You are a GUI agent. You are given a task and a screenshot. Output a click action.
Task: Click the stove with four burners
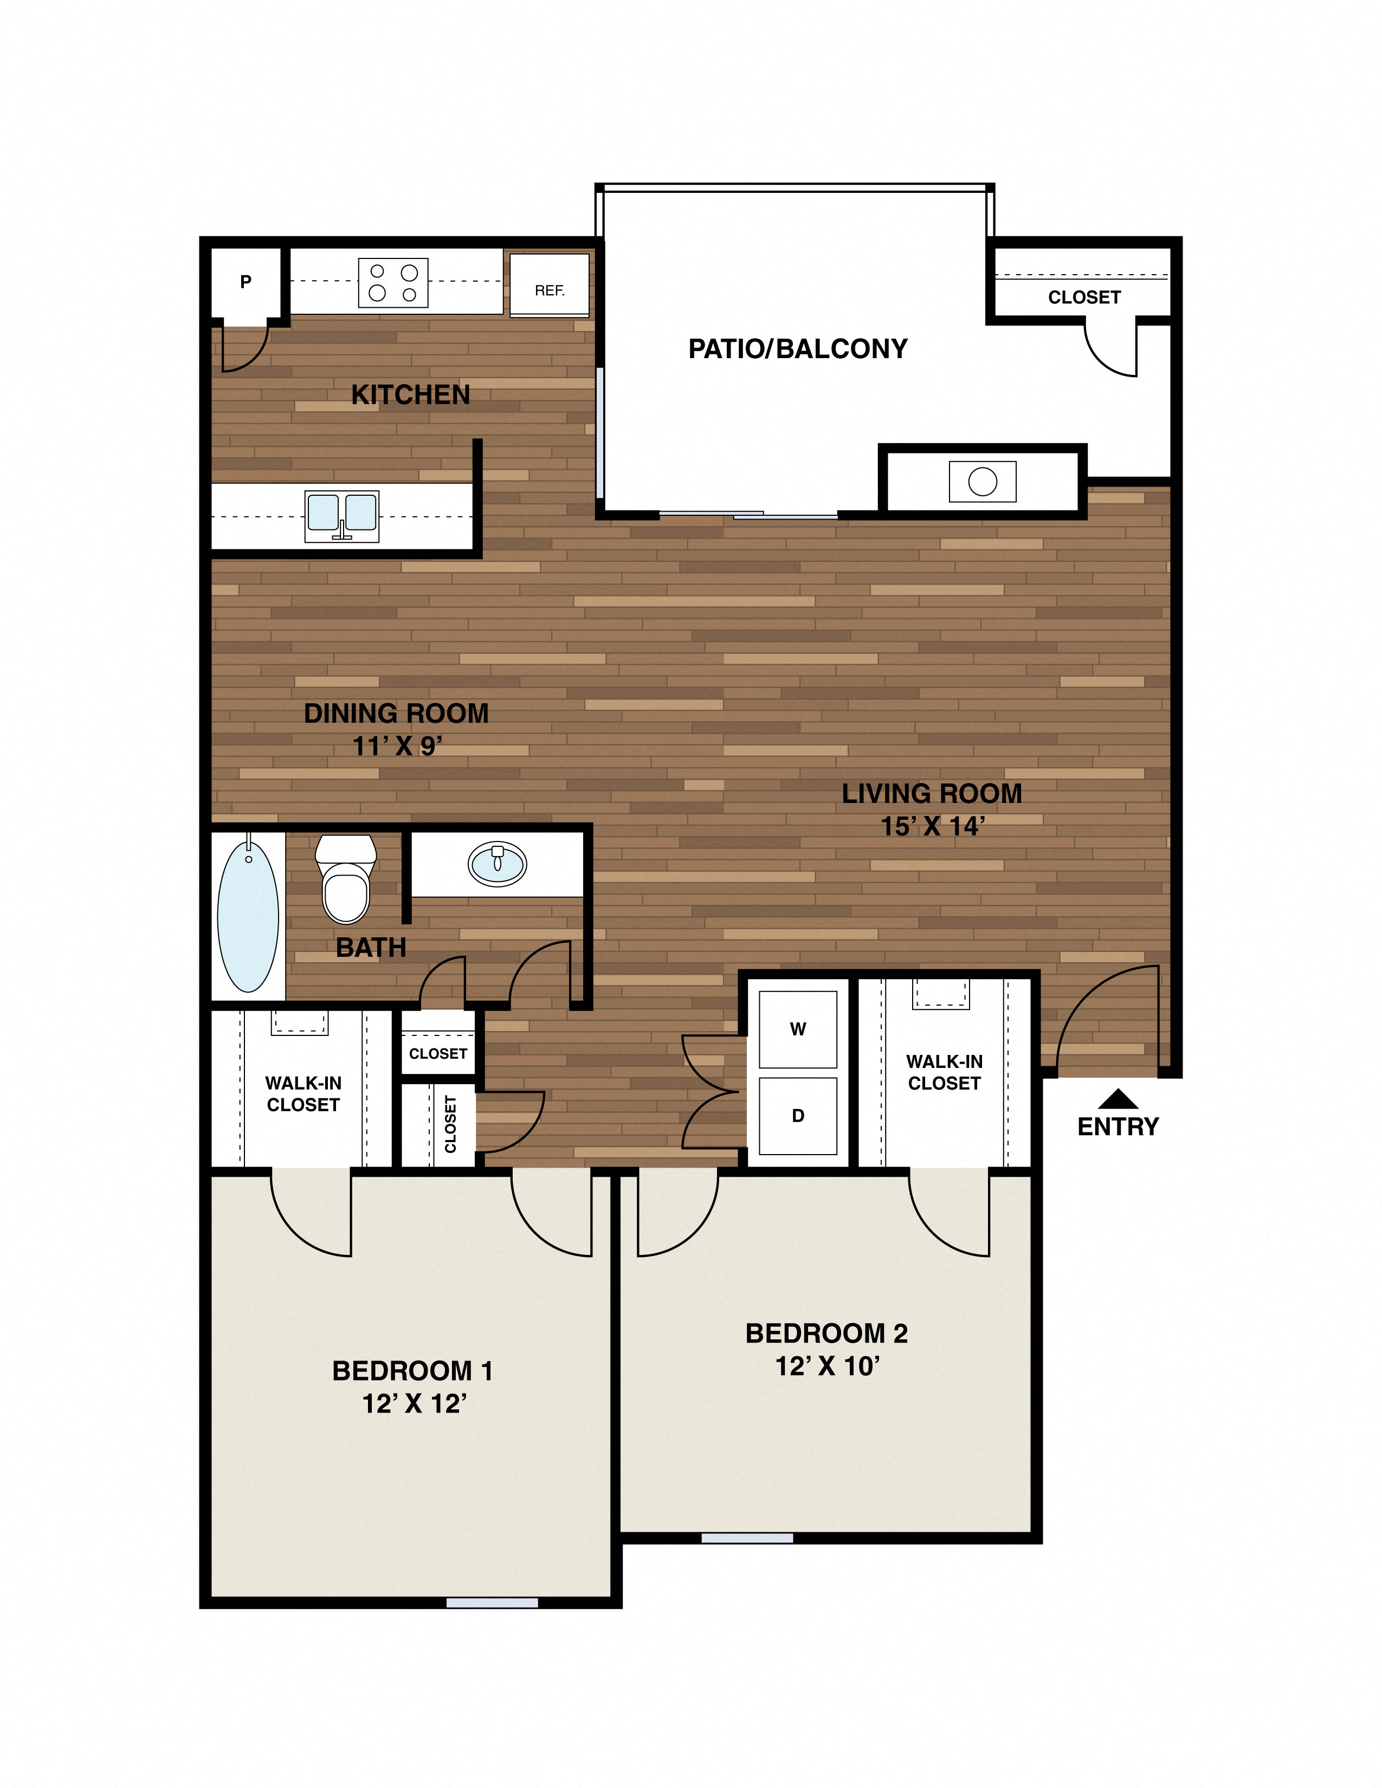point(393,282)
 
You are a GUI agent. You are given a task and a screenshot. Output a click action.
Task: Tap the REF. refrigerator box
point(550,285)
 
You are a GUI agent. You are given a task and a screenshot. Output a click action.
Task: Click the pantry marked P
point(246,282)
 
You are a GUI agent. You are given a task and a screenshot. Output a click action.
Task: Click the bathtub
point(248,915)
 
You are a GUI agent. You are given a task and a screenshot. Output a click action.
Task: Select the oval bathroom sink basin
point(497,863)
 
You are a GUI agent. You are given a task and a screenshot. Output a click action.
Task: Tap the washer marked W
point(797,1029)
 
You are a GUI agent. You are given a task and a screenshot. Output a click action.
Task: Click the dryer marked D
point(797,1115)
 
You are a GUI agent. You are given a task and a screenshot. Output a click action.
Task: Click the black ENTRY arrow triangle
point(1119,1099)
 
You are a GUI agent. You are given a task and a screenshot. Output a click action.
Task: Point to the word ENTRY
point(1119,1126)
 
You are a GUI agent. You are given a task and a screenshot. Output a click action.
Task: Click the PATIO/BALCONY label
point(797,349)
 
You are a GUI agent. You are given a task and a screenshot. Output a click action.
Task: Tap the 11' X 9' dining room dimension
point(397,746)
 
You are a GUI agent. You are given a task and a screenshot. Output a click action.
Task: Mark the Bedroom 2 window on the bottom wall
point(747,1538)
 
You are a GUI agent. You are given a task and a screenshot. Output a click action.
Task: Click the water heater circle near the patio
point(983,481)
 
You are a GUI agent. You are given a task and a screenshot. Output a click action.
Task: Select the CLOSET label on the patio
point(1084,297)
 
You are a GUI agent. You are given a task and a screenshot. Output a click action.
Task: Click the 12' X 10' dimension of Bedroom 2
point(827,1365)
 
